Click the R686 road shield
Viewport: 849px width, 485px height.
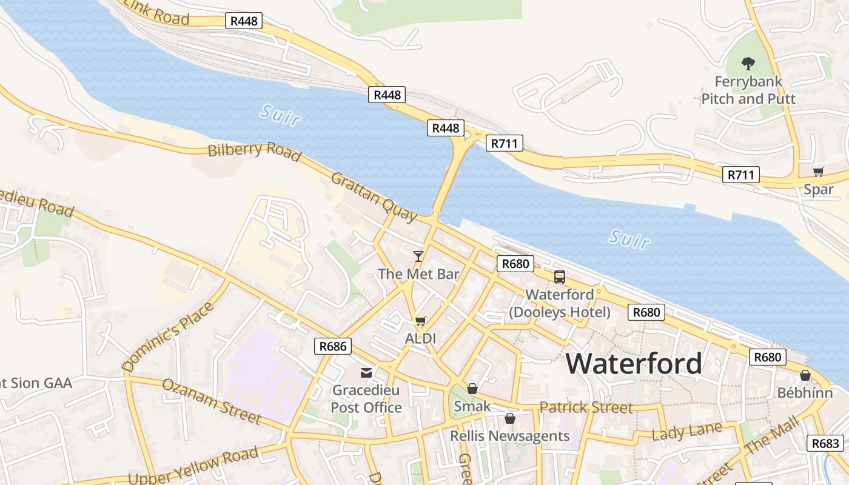[x=333, y=346]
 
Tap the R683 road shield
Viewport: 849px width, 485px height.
[x=825, y=443]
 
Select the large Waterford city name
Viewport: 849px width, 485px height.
[x=634, y=364]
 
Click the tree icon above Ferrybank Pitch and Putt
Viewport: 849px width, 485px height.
[x=748, y=63]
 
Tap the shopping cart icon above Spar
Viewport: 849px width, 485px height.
[x=819, y=172]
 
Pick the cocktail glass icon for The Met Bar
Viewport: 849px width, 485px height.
[x=418, y=256]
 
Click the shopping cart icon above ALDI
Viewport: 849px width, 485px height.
[x=421, y=321]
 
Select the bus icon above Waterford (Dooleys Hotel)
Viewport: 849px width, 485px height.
[x=560, y=277]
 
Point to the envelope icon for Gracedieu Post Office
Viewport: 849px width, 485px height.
[x=366, y=373]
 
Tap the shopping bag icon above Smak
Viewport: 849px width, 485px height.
[x=472, y=388]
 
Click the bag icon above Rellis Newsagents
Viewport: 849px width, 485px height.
[x=510, y=418]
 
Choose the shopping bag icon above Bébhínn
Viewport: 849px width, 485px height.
[x=805, y=375]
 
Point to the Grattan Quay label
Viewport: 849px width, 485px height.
[x=374, y=196]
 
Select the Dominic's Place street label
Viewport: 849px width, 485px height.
[x=168, y=336]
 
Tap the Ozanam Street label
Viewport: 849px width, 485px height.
[x=212, y=401]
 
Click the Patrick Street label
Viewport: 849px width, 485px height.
[x=586, y=407]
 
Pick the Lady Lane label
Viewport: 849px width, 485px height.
[x=687, y=432]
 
